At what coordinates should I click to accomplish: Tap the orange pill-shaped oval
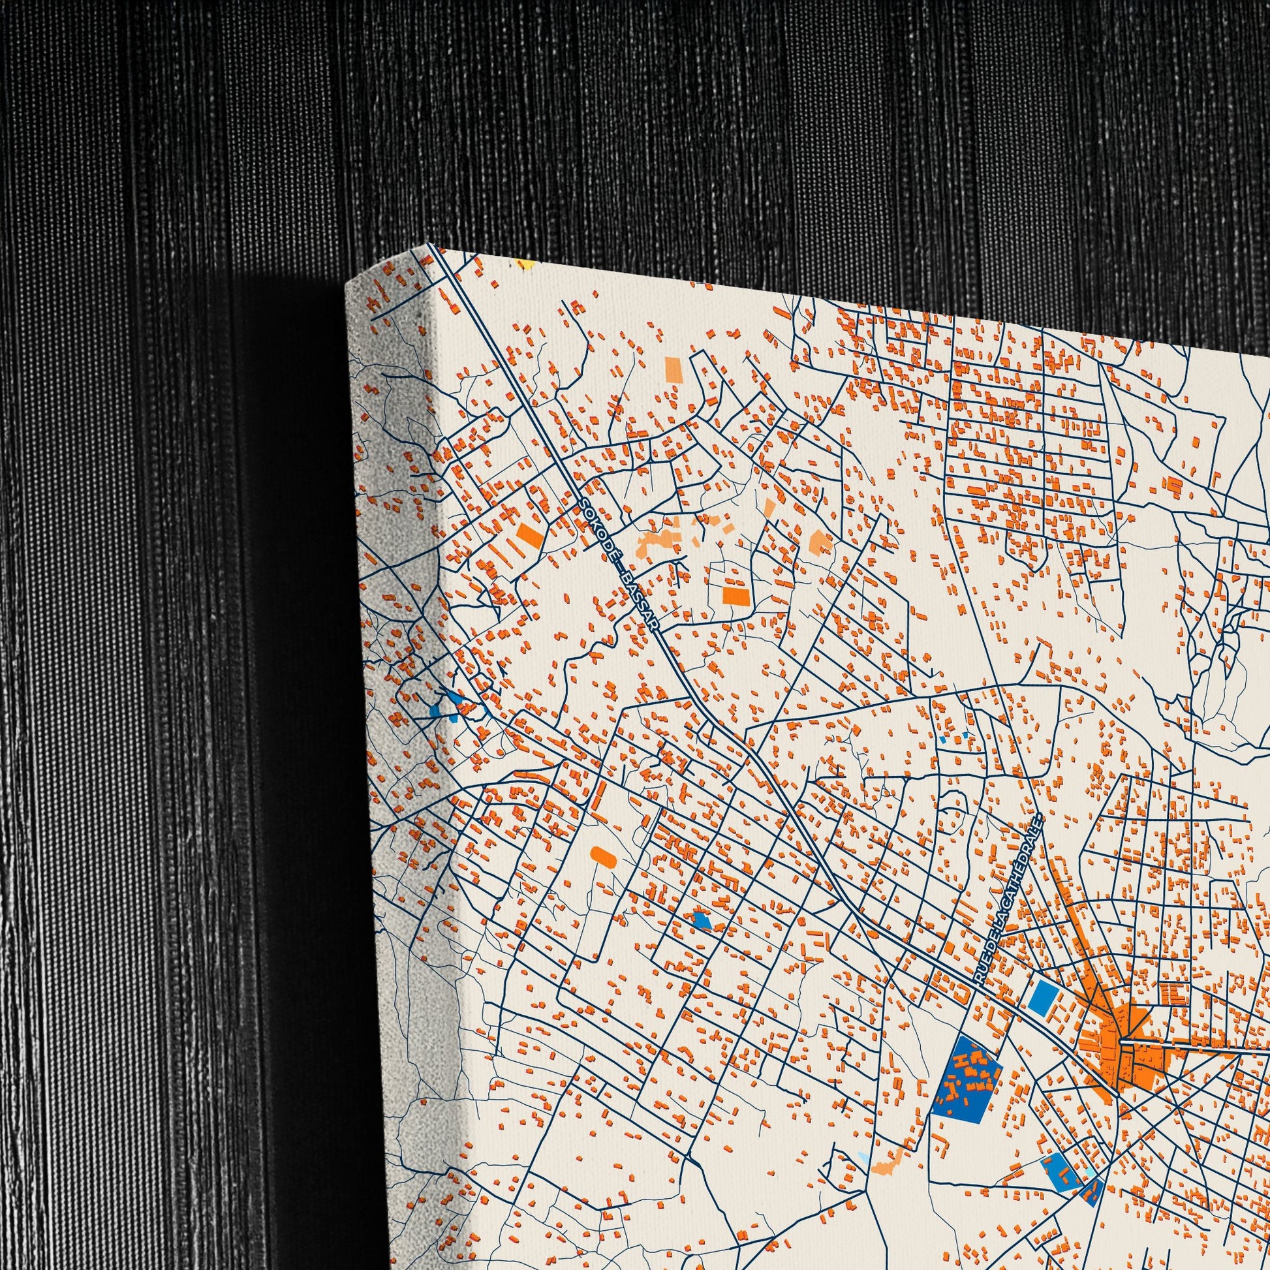click(x=602, y=855)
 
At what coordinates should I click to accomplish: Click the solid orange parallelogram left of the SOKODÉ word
click(x=531, y=535)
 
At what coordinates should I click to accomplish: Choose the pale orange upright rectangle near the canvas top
click(x=672, y=368)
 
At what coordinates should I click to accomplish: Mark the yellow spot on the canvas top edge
click(x=525, y=266)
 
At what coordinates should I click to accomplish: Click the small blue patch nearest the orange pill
click(x=702, y=920)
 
